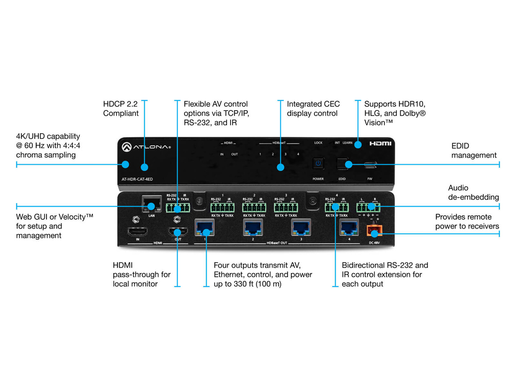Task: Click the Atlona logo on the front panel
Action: click(x=147, y=147)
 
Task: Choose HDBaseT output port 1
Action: click(x=205, y=227)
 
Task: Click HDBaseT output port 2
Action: click(x=252, y=227)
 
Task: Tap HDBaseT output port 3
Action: click(x=301, y=227)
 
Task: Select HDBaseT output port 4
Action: click(x=349, y=227)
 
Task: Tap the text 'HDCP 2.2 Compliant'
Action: click(x=121, y=109)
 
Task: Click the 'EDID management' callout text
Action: click(x=474, y=150)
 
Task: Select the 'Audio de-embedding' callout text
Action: click(x=473, y=192)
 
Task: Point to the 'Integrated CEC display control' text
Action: click(x=313, y=109)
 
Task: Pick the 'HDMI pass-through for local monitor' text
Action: click(x=141, y=275)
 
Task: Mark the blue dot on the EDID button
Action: click(x=349, y=164)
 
